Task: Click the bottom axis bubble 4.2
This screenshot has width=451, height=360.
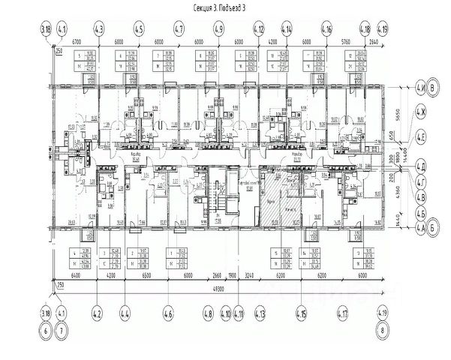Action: pos(96,308)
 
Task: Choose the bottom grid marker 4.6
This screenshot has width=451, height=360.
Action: pos(169,308)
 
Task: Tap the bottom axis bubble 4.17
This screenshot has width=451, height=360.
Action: pos(344,308)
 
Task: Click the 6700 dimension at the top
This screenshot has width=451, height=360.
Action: pos(77,43)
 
